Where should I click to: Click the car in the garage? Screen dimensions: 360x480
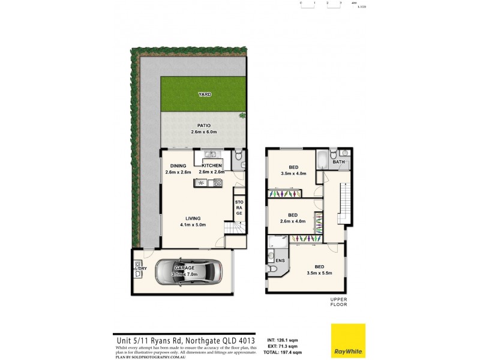click(187, 272)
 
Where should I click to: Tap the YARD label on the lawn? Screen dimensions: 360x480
click(205, 94)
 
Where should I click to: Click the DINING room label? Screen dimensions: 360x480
click(178, 166)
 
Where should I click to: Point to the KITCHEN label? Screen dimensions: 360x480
click(212, 166)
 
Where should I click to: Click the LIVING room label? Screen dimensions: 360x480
click(193, 218)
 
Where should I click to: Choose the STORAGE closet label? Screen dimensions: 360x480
click(239, 208)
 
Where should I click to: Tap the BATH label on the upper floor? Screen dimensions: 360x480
click(339, 162)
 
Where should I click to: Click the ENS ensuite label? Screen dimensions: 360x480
click(280, 260)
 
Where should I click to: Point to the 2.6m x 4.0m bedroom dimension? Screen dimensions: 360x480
click(293, 221)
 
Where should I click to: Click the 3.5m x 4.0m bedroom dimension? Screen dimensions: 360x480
click(293, 173)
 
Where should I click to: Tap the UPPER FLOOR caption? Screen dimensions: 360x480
click(338, 301)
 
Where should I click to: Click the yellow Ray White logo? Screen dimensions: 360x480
click(349, 341)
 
